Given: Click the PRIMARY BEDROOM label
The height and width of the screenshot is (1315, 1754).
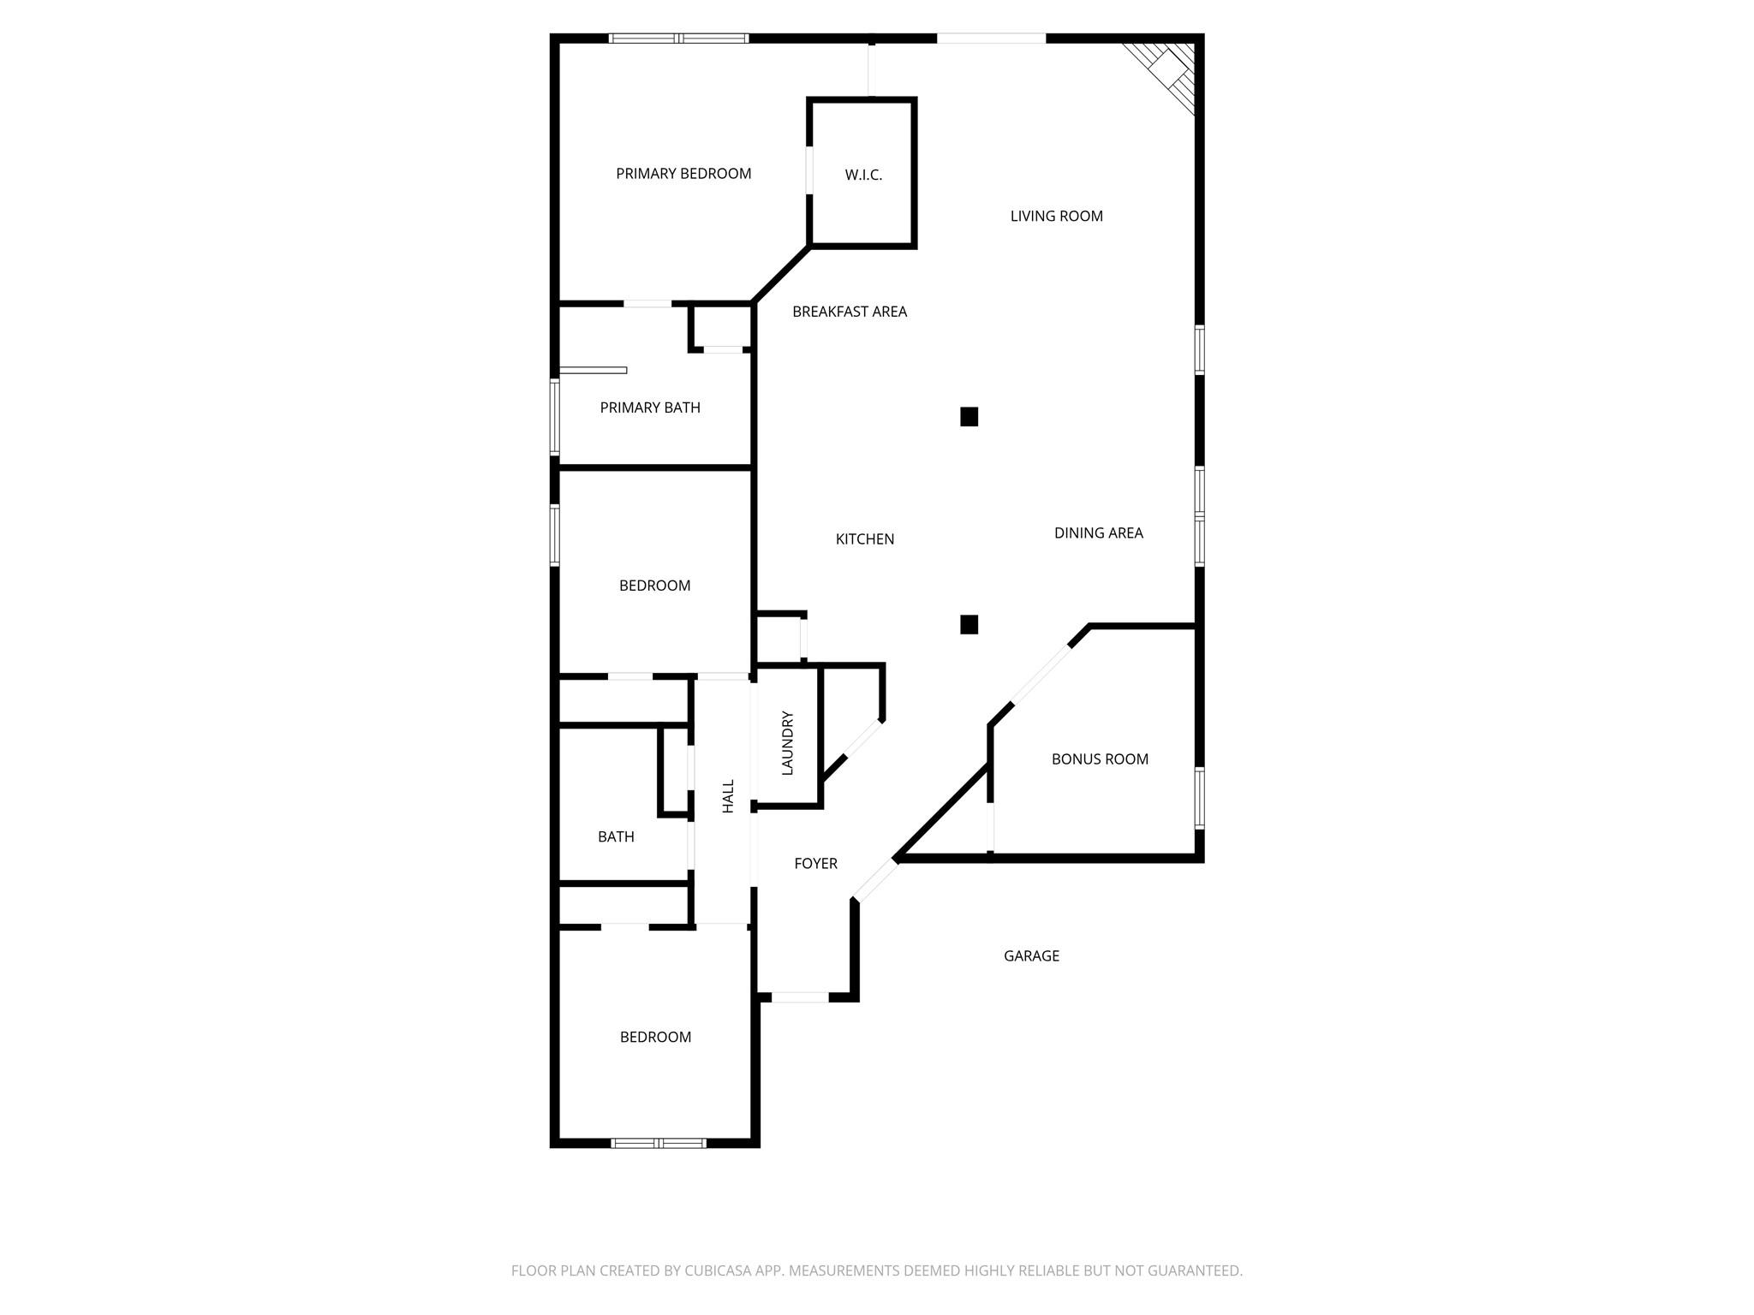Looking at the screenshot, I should (x=683, y=174).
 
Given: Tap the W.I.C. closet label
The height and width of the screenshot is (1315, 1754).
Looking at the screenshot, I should (x=863, y=176).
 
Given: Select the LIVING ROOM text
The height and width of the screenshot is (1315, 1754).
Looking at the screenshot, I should (x=1056, y=217).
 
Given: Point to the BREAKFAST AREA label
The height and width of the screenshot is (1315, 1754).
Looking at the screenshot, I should (x=849, y=312).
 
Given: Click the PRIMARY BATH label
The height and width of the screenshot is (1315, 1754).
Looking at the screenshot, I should (x=650, y=408).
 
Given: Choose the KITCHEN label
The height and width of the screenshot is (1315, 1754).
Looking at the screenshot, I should (x=865, y=539).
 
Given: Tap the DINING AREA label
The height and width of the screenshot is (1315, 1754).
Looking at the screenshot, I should (x=1098, y=533).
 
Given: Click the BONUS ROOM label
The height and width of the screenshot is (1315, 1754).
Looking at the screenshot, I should (x=1100, y=759).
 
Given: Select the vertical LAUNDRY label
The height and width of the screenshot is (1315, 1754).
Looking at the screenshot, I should (x=788, y=743).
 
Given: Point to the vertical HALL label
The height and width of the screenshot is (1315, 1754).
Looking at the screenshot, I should (x=728, y=796).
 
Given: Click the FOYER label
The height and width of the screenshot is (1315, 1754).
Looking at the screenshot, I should (x=815, y=864).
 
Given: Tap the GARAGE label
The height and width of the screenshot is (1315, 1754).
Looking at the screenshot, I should (x=1031, y=956).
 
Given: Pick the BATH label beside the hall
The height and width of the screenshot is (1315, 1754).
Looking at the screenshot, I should (x=616, y=837).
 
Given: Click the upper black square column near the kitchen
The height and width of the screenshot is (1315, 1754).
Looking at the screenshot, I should (x=969, y=417).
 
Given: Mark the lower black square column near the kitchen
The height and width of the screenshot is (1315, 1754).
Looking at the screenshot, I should (x=969, y=625).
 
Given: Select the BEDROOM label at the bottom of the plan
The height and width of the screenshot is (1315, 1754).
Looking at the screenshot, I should (x=655, y=1038).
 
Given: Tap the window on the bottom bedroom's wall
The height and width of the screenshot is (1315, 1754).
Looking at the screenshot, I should (x=659, y=1143).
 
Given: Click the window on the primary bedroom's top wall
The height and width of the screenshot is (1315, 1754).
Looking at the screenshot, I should (x=679, y=39).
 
